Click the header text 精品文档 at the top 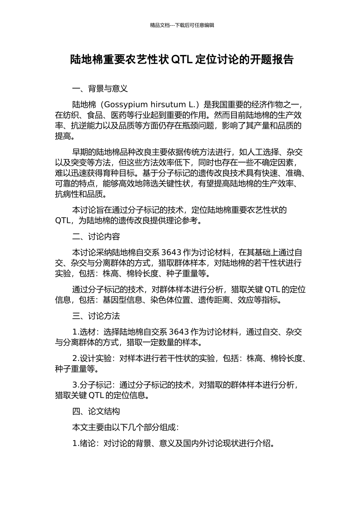tap(160, 25)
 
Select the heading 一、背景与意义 tap(100, 89)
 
